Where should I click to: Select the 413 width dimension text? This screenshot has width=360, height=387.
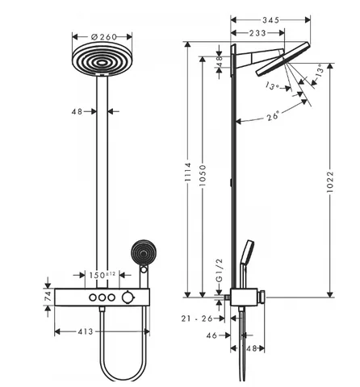[86, 331]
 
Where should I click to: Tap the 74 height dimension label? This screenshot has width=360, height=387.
[48, 297]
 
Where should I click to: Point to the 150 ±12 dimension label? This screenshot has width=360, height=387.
[102, 275]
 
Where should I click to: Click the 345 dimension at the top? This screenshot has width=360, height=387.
[271, 20]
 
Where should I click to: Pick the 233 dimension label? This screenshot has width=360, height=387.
[257, 33]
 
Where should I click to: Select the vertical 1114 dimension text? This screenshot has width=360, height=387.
[188, 172]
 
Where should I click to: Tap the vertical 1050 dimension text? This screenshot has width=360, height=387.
[203, 176]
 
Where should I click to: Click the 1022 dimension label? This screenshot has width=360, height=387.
[330, 181]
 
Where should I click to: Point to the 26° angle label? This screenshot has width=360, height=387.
[273, 116]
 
